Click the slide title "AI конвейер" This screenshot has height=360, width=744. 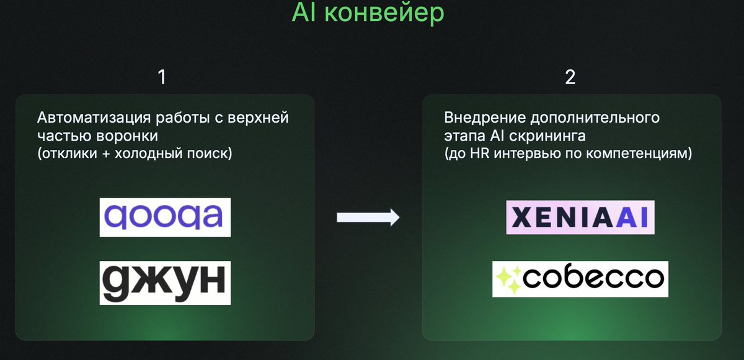[368, 14]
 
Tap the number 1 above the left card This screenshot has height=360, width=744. [162, 77]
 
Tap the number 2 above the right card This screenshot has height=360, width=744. [570, 77]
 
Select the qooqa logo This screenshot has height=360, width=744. [165, 217]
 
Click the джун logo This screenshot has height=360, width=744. [165, 282]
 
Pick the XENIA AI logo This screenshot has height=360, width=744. [572, 217]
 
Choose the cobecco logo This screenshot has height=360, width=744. [580, 278]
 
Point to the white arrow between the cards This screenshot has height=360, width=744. [368, 217]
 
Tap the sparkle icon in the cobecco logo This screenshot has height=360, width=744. [508, 279]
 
